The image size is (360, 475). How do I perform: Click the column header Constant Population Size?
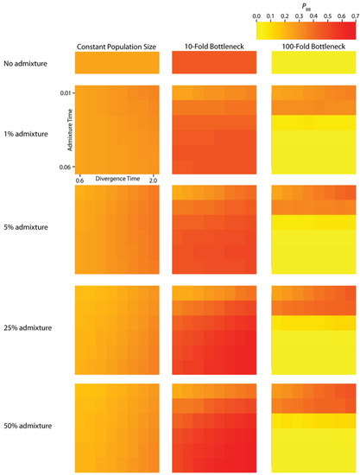pyautogui.click(x=117, y=46)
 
